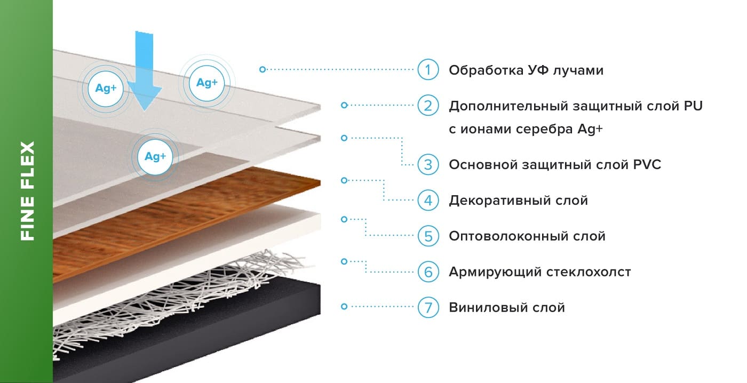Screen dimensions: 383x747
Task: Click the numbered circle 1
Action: (x=428, y=70)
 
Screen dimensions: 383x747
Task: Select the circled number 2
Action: (x=428, y=106)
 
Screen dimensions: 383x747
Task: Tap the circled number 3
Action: (x=428, y=164)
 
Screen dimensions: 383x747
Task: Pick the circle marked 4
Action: (x=428, y=201)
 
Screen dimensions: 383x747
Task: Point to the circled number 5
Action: (x=428, y=236)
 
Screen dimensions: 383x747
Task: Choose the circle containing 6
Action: (x=428, y=272)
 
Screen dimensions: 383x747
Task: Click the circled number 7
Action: (x=428, y=307)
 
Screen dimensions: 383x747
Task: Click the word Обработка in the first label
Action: (x=482, y=70)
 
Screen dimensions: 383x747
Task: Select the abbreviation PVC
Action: (x=645, y=165)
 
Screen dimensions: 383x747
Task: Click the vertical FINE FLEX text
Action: (x=27, y=190)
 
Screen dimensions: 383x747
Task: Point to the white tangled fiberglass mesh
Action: (x=160, y=304)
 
